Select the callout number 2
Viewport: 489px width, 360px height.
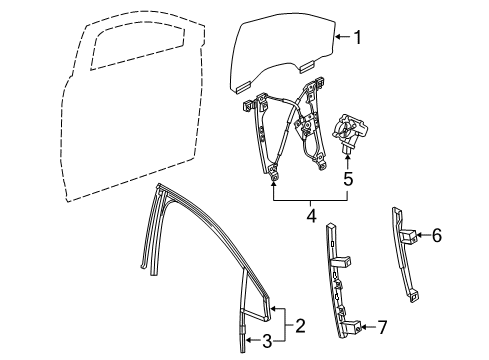click(299, 324)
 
